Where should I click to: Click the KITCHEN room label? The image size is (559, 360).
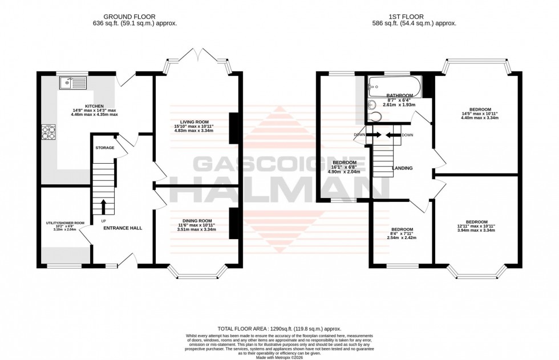94,106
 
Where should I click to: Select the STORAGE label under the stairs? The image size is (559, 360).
105,148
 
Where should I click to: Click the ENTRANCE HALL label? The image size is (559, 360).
123,228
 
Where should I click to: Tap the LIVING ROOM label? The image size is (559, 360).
192,122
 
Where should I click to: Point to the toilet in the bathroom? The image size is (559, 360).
374,116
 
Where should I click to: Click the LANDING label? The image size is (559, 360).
402,168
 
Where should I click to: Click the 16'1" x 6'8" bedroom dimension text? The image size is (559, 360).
344,168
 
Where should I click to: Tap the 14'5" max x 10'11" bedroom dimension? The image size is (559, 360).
476,113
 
